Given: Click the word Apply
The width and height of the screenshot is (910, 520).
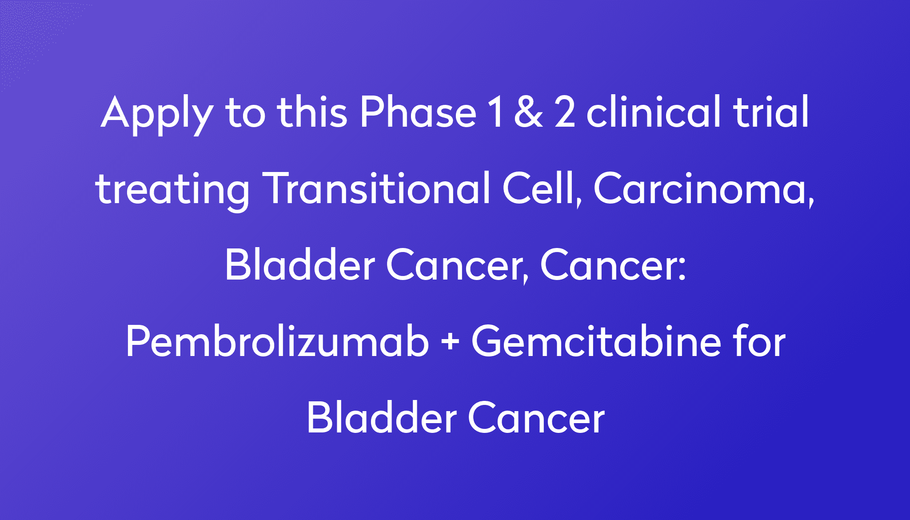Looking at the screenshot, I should [156, 113].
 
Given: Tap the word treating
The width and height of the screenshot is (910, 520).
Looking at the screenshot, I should [172, 190].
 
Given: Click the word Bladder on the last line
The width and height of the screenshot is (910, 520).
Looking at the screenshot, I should [382, 418].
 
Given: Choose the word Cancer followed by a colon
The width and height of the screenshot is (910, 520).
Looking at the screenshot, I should [612, 265].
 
